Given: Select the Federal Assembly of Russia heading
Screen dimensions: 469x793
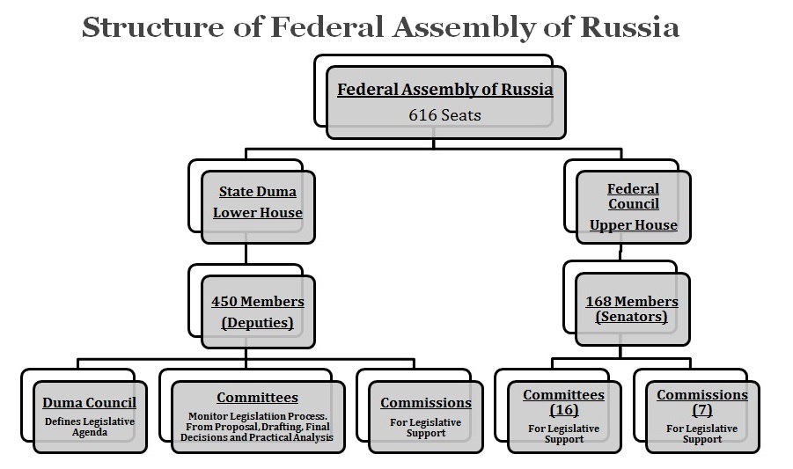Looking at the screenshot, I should coord(445,90).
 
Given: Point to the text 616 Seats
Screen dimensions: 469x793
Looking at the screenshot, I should coord(444,114).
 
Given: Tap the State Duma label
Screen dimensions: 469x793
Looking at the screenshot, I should coord(257,191).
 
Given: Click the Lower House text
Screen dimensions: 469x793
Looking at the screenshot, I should coord(257,212).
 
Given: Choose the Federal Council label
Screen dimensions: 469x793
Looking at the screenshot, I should coord(633,196).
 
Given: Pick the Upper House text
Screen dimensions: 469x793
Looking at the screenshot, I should coord(633,224).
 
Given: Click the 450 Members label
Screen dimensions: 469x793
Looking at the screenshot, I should coord(257,301).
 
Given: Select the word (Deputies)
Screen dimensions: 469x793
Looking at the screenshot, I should coord(257,322).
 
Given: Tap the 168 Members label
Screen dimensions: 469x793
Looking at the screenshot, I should coord(632,301).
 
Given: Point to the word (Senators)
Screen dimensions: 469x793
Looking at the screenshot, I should coord(632,317).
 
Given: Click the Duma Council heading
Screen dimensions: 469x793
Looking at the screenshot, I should coord(89,403).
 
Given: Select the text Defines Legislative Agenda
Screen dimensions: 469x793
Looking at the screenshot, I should coord(89,427).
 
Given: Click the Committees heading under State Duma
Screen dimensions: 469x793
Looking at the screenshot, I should coord(257,398).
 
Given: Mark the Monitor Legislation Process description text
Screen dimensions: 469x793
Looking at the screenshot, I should coord(257,427).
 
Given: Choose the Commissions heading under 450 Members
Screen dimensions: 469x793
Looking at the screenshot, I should coord(426,403).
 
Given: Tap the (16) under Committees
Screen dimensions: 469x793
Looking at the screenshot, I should coord(563,410).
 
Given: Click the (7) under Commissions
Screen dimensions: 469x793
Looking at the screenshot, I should coord(701,410).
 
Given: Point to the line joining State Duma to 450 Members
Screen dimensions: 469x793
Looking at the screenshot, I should coord(246,255).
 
